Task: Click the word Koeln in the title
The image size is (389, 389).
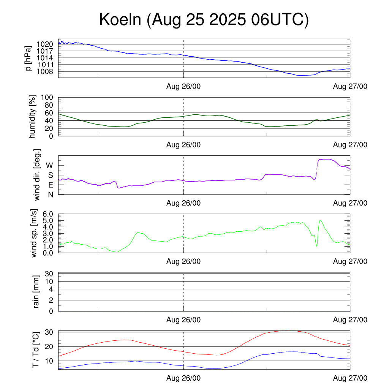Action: tap(120, 20)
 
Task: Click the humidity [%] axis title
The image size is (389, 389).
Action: tap(33, 116)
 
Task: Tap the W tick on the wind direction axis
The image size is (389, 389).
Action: tap(49, 165)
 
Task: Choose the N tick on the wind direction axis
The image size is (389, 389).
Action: tap(50, 194)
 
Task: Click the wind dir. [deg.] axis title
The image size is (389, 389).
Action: tap(37, 175)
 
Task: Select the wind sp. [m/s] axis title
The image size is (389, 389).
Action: tap(34, 233)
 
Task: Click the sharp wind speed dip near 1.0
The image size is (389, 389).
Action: tap(316, 246)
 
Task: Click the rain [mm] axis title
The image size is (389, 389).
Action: tap(36, 292)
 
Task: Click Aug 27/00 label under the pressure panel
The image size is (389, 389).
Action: tap(350, 86)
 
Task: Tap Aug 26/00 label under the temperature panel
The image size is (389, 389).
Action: tap(183, 378)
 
